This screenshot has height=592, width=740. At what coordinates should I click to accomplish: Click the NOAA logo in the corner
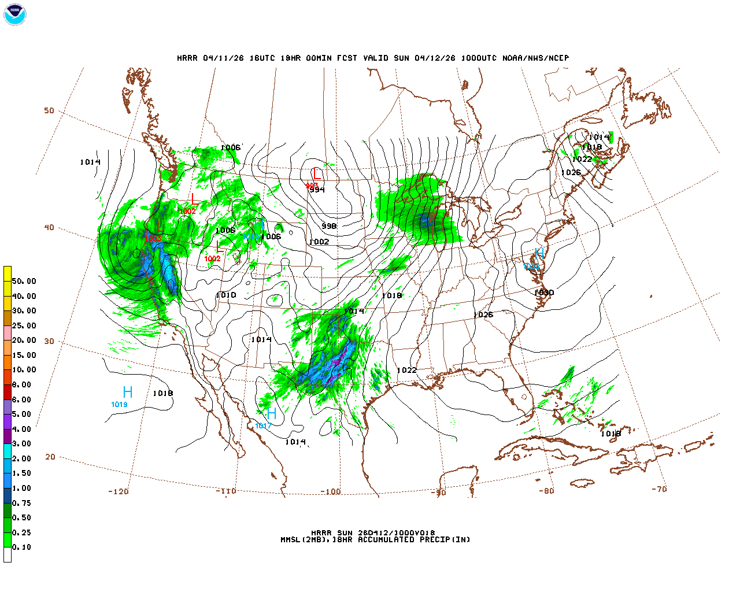(x=15, y=14)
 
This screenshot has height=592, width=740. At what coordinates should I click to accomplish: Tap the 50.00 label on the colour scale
(x=24, y=282)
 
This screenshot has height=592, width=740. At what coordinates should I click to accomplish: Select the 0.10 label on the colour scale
(x=22, y=547)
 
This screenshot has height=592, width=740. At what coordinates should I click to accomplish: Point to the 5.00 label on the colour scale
(x=22, y=415)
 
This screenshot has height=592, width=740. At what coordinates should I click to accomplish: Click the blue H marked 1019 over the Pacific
(x=128, y=393)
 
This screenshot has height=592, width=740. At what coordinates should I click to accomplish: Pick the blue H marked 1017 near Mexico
(x=271, y=414)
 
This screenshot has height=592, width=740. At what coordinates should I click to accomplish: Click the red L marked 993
(x=316, y=173)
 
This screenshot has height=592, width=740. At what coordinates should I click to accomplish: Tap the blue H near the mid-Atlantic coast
(x=539, y=254)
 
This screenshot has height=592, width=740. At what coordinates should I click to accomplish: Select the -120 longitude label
(x=118, y=491)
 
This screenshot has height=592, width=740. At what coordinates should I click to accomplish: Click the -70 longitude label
(x=659, y=489)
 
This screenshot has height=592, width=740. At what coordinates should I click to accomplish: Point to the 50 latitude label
(x=49, y=110)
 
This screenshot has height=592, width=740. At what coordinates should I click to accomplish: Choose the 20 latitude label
(x=50, y=457)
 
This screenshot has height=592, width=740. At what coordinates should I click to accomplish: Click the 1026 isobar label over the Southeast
(x=483, y=315)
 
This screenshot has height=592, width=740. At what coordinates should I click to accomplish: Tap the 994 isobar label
(x=317, y=190)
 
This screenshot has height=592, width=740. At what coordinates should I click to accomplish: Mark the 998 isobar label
(x=329, y=226)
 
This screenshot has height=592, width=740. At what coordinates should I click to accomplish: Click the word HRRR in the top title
(x=187, y=58)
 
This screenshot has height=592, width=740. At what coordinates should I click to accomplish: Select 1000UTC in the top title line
(x=479, y=58)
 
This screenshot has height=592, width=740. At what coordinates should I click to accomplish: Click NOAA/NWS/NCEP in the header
(x=535, y=58)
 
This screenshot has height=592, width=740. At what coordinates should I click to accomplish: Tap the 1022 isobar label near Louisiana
(x=406, y=370)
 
